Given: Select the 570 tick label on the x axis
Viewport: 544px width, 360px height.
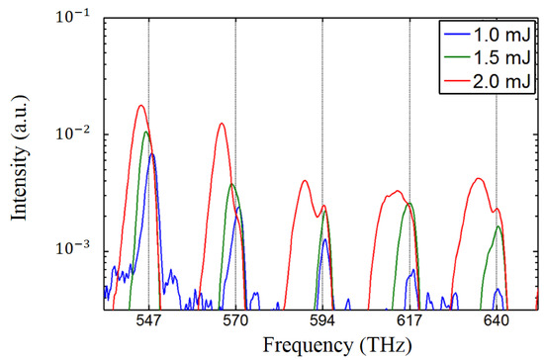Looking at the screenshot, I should tap(235, 320).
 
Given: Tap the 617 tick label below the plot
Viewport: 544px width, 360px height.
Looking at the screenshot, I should tap(409, 320).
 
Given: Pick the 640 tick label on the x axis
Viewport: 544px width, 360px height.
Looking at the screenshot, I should tap(497, 320).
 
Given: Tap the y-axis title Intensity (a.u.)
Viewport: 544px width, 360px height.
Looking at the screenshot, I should tap(21, 162).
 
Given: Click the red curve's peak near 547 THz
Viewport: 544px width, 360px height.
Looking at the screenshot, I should tap(141, 105).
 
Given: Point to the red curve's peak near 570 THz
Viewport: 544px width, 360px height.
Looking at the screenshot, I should tap(222, 124).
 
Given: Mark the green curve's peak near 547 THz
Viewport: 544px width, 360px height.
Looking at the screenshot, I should tap(146, 132).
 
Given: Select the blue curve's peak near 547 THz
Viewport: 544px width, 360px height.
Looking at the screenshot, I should tap(152, 154).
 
